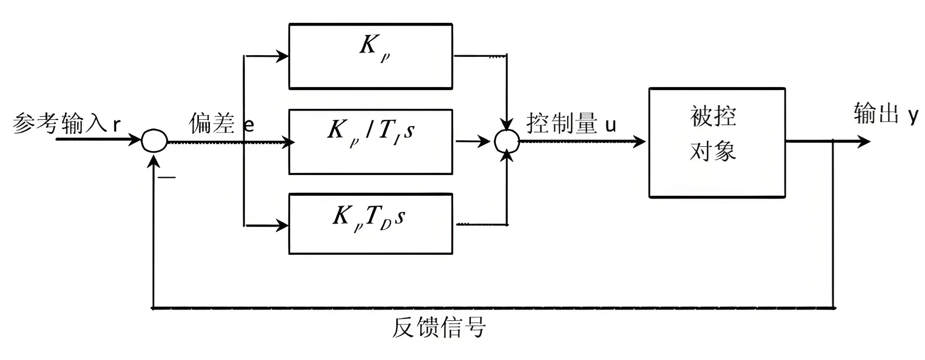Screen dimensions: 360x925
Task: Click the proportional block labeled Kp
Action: (370, 56)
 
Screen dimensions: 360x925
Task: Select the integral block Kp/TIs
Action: (370, 141)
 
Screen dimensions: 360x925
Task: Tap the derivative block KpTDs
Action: (370, 224)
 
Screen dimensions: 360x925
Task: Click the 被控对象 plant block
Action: (716, 142)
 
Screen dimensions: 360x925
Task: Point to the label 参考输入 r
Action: (66, 123)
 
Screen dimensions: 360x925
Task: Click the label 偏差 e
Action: (221, 123)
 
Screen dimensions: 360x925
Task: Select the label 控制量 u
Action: (571, 123)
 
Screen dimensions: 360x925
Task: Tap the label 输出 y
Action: (885, 114)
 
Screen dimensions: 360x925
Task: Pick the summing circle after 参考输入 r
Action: (154, 141)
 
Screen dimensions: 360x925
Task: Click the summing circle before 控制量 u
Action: (506, 141)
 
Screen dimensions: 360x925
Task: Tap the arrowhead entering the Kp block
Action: (283, 56)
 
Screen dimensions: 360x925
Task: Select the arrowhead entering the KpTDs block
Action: (283, 226)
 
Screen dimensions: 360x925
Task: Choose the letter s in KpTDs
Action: (399, 217)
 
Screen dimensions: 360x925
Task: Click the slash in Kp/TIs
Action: (369, 131)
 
